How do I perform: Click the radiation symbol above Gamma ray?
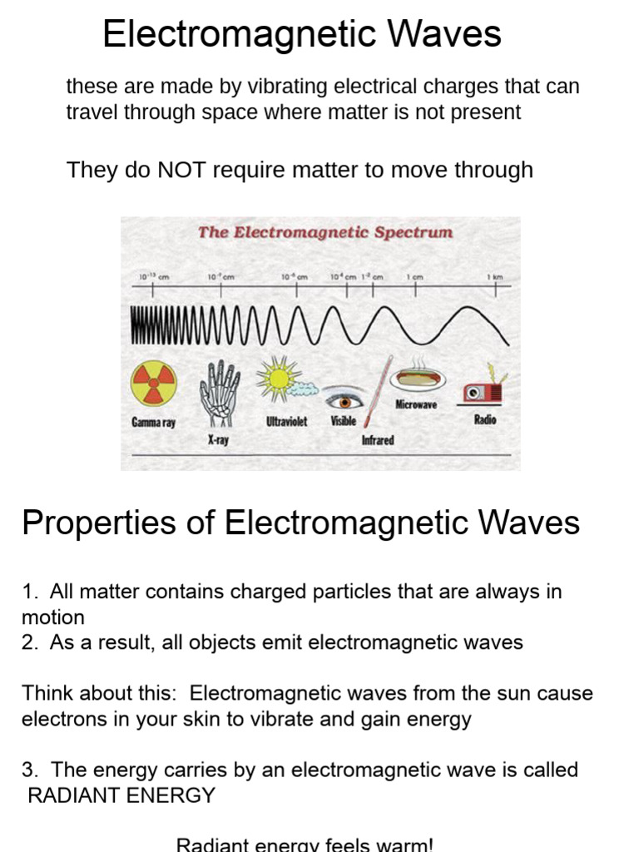tap(154, 384)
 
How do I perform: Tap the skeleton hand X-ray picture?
tap(219, 391)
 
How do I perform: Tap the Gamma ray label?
tap(154, 423)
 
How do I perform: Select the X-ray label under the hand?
tap(218, 439)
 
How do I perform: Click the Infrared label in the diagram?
tap(377, 440)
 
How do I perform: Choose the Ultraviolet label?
tap(286, 422)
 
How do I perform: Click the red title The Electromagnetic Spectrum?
tap(325, 233)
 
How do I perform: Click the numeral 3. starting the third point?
tap(30, 770)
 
